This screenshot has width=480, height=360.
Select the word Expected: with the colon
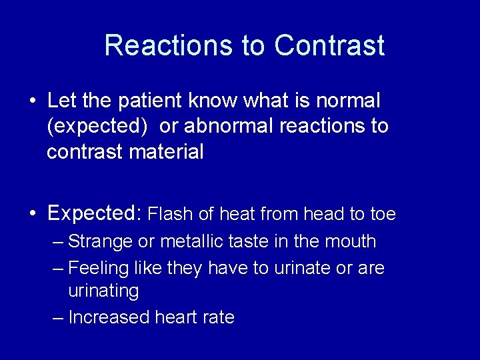(x=95, y=214)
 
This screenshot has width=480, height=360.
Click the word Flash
(x=171, y=214)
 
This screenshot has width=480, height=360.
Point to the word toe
(x=382, y=214)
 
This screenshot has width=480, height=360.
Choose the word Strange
(x=101, y=241)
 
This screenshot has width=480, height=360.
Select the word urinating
(x=103, y=291)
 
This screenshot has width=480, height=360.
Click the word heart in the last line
(x=176, y=317)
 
